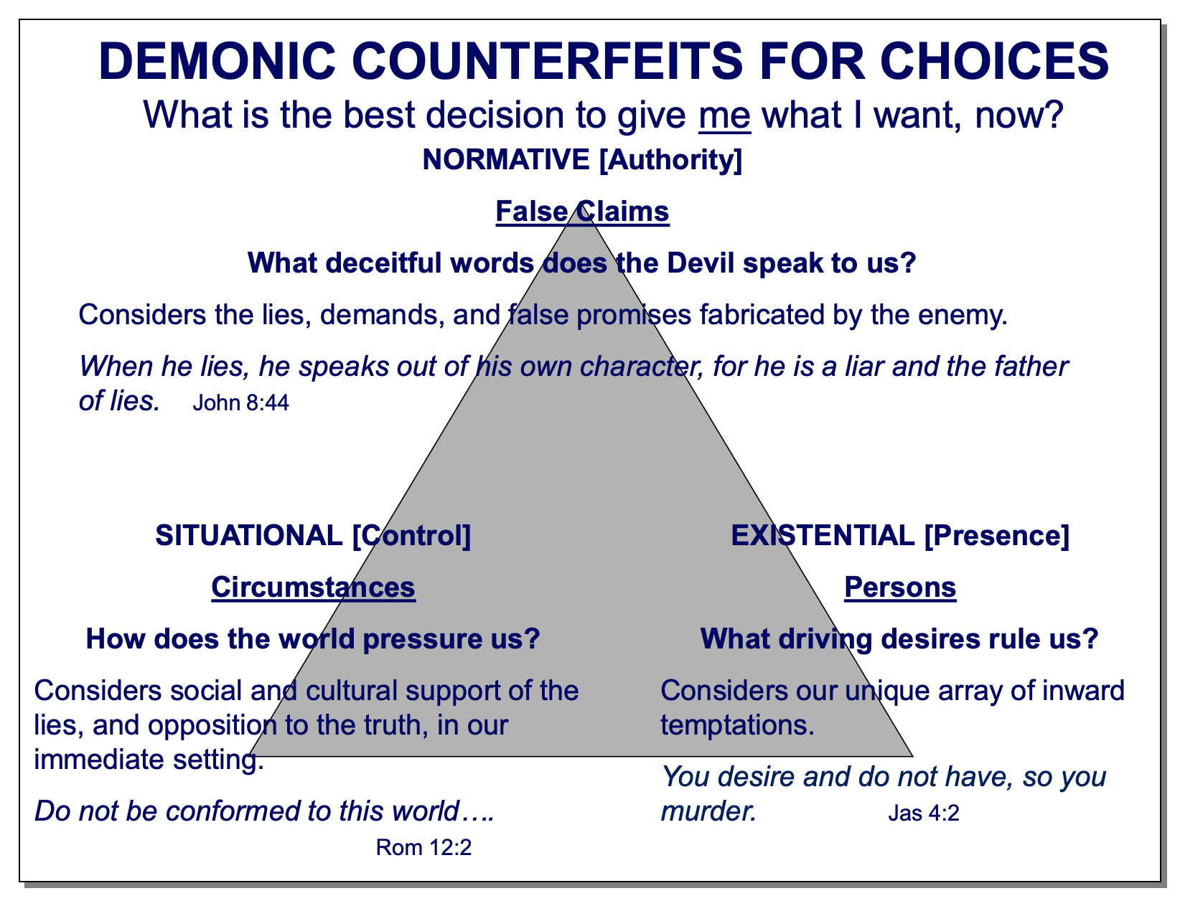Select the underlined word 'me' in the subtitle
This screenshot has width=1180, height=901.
(x=724, y=115)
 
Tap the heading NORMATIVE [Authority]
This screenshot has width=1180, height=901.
(x=582, y=160)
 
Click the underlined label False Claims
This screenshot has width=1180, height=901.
(x=582, y=212)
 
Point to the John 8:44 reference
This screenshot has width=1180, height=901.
(x=240, y=403)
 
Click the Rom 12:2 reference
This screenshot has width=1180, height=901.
(x=423, y=849)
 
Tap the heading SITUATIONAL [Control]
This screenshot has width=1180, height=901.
(x=313, y=536)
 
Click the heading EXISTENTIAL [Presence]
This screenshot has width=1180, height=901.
(x=900, y=536)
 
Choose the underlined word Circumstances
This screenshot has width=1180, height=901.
(x=313, y=588)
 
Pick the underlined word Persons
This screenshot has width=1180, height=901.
(x=900, y=588)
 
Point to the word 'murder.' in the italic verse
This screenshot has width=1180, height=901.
(x=708, y=811)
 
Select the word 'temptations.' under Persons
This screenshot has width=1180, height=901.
(x=737, y=726)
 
